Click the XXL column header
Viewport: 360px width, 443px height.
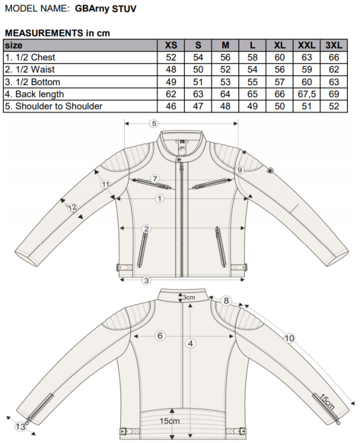[x=307, y=45]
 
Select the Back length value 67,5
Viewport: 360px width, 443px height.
[x=307, y=94]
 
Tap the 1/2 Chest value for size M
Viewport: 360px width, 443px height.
[x=225, y=58]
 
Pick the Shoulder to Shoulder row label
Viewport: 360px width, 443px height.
[x=53, y=106]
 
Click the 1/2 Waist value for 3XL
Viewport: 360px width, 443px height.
[x=334, y=70]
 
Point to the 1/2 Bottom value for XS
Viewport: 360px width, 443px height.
[x=171, y=82]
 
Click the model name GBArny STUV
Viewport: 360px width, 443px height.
[x=106, y=9]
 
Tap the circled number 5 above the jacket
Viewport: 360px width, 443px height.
[x=154, y=123]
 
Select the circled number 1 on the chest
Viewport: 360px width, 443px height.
[x=160, y=198]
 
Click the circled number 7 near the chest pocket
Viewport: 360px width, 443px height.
[x=155, y=179]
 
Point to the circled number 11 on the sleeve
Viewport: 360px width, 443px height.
[x=106, y=185]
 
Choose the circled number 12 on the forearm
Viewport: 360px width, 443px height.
[x=72, y=207]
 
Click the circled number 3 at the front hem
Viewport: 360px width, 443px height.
[x=146, y=281]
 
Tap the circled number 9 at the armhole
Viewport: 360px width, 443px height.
[x=239, y=170]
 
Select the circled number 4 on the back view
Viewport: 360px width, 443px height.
[x=190, y=343]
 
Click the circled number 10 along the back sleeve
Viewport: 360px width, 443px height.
[x=289, y=338]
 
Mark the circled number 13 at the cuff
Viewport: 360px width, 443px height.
[x=20, y=426]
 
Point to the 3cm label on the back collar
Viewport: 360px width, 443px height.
[x=188, y=297]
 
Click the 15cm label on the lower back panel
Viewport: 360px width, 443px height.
[x=170, y=421]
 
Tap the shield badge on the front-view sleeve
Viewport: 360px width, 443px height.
[x=269, y=171]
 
